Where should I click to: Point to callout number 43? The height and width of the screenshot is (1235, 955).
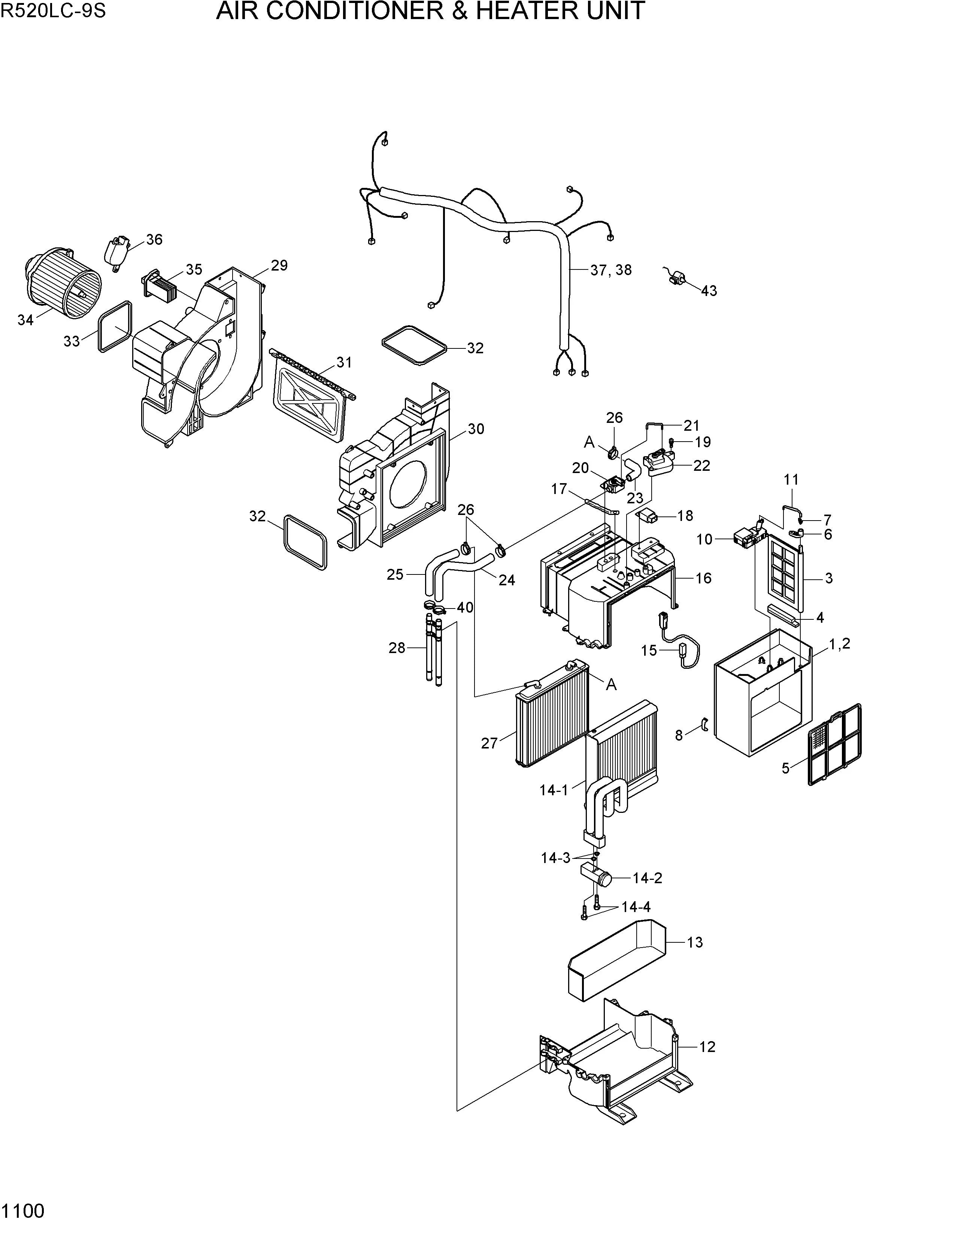tap(708, 291)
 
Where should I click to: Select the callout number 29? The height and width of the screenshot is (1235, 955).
tap(279, 265)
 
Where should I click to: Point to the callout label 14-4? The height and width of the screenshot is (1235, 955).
tap(636, 907)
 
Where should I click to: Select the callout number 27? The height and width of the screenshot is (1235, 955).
tap(489, 743)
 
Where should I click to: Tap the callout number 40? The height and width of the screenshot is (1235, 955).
tap(465, 607)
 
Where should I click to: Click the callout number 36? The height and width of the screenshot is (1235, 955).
tap(154, 240)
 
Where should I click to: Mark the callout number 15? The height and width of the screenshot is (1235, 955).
tap(649, 651)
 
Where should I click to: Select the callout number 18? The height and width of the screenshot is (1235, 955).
tap(685, 516)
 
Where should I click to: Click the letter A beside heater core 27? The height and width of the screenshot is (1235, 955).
tap(611, 685)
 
